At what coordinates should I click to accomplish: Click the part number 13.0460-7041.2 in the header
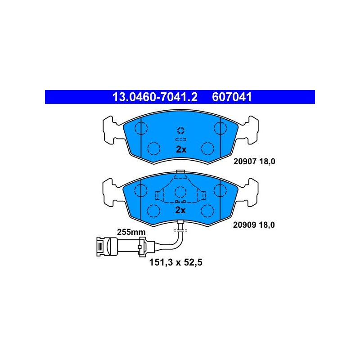[155, 97]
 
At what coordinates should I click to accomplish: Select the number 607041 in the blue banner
[232, 97]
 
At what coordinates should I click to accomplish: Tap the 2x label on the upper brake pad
[181, 149]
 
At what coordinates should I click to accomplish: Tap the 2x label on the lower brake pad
[180, 210]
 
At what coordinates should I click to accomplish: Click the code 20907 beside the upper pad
[245, 162]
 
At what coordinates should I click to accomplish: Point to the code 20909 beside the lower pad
[244, 225]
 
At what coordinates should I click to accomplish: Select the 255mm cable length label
[131, 232]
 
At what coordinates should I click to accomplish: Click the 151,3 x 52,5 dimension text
[176, 262]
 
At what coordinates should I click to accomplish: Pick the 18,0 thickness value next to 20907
[267, 162]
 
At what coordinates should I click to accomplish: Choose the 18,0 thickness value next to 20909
[266, 225]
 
